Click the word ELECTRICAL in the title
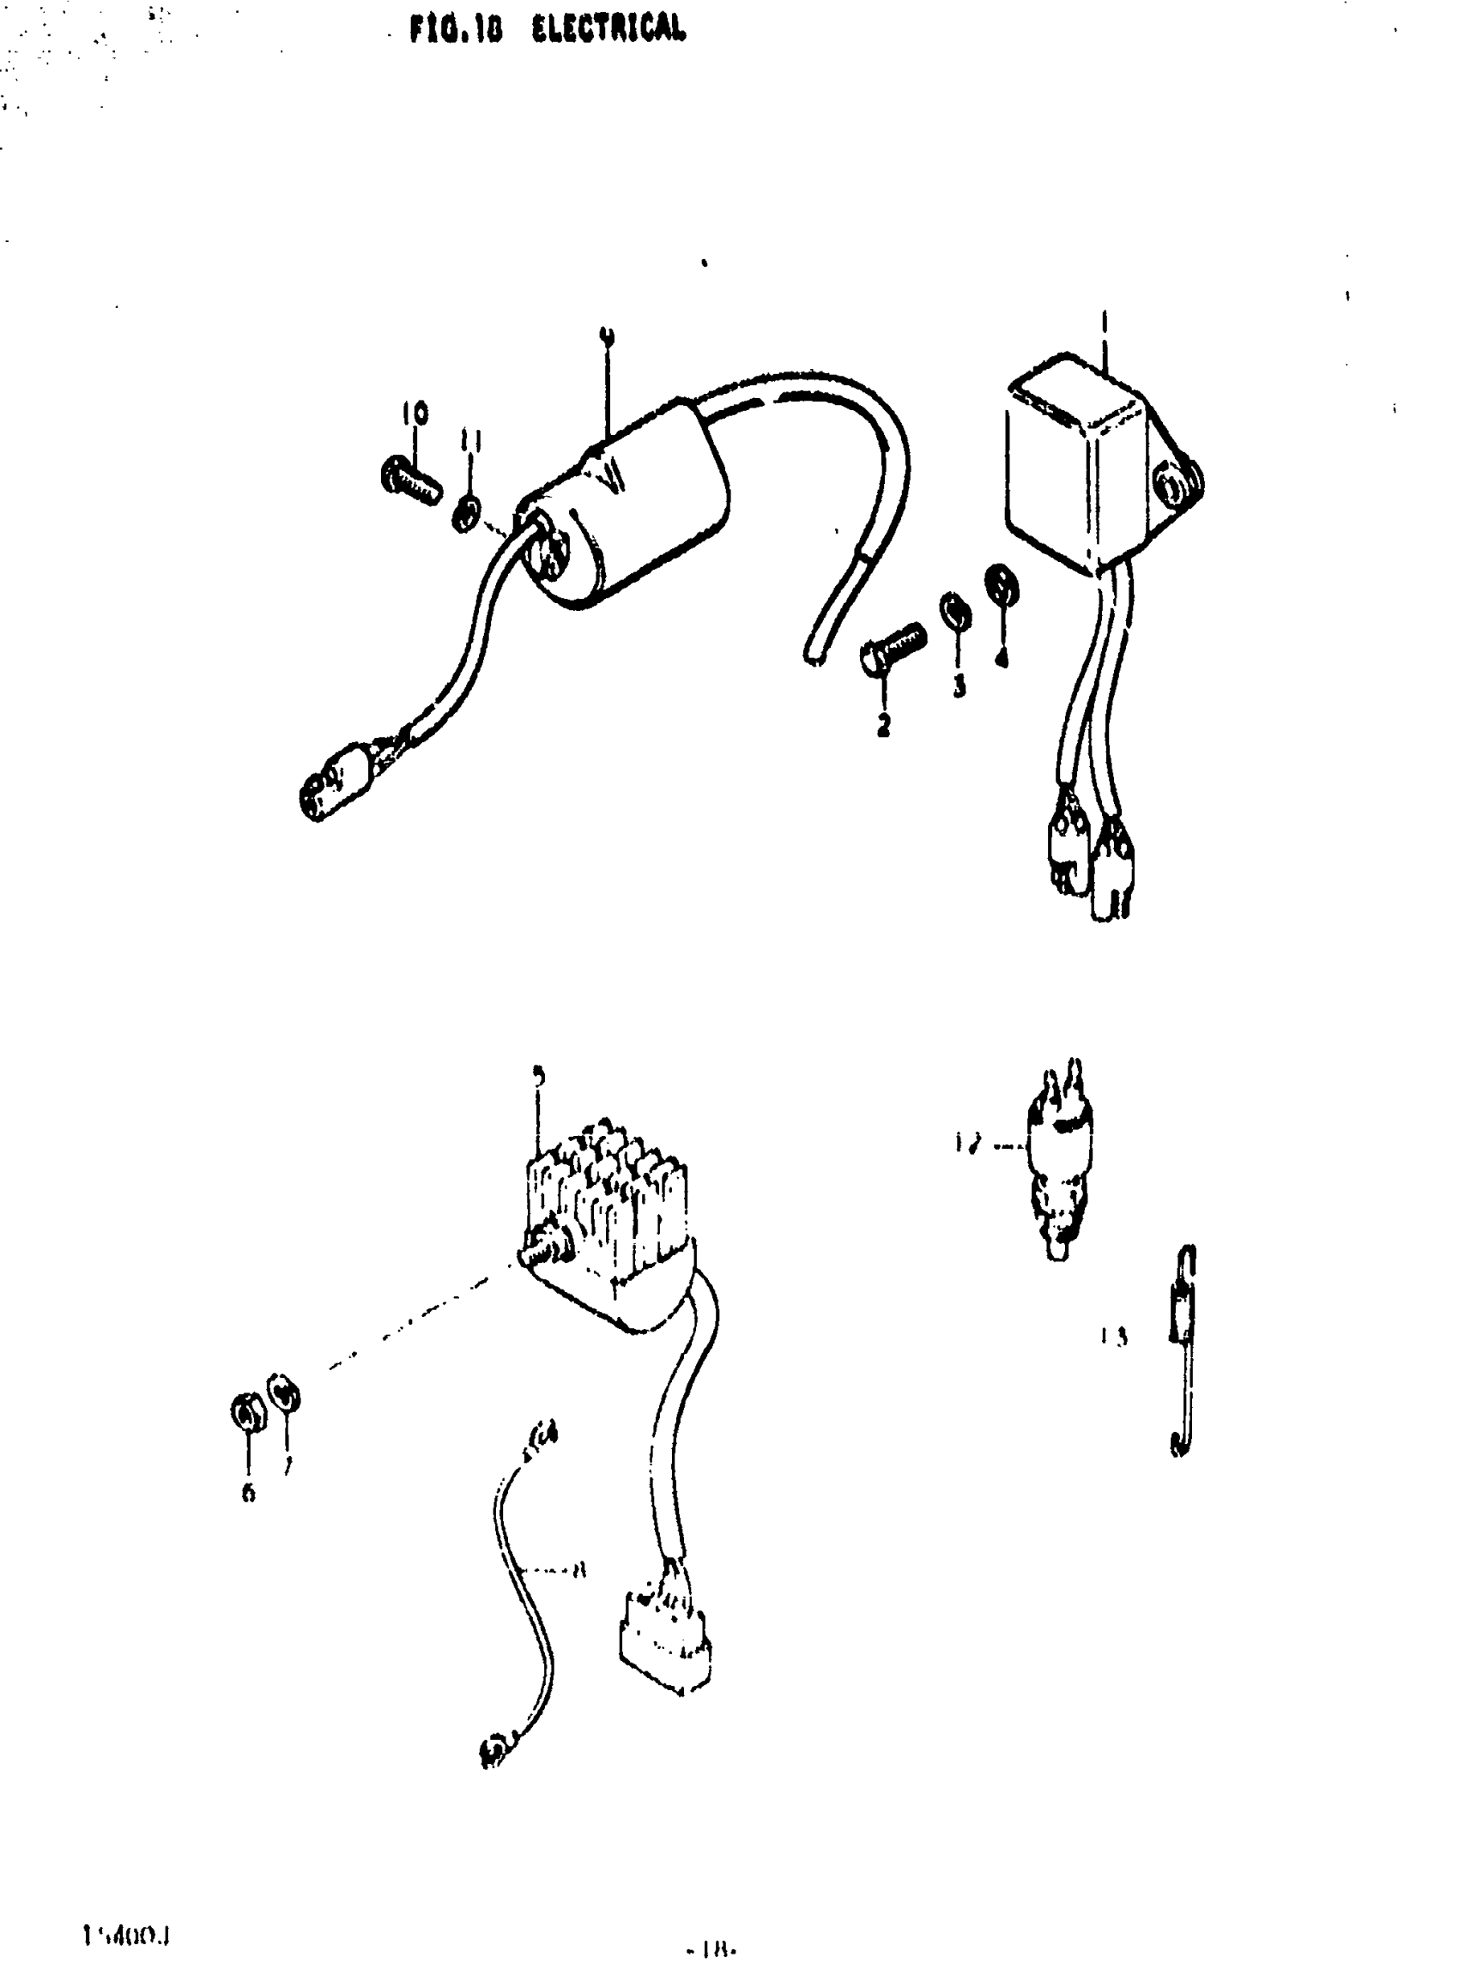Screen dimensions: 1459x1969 608,29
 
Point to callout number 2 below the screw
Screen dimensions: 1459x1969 883,725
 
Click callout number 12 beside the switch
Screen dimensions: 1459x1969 968,1144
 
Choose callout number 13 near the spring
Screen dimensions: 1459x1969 1115,1336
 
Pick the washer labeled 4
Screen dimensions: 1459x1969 1002,583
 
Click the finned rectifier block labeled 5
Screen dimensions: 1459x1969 609,1218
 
